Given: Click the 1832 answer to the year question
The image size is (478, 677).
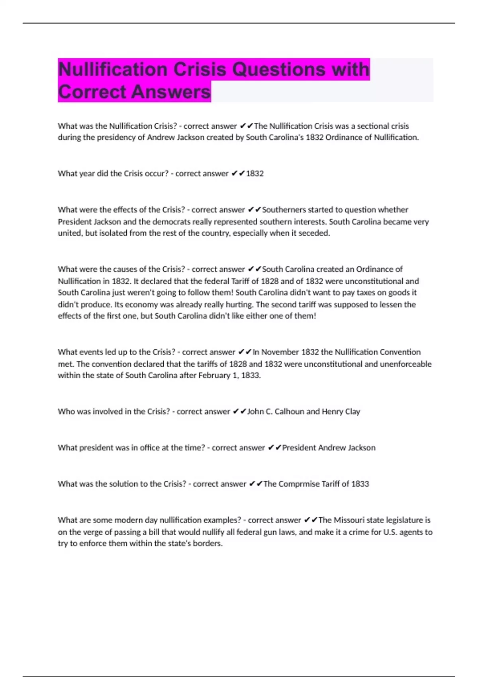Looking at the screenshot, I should point(255,173).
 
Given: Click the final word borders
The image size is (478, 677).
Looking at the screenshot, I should point(208,543).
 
